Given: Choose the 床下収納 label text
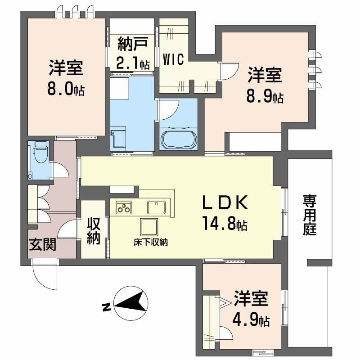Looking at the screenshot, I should pos(150,242).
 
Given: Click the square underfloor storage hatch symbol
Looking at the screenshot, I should pos(149,227).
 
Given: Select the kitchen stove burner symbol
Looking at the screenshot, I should pos(124,208).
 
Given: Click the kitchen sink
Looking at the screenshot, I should pos(157,207).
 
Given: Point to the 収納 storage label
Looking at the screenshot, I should pos(94,231).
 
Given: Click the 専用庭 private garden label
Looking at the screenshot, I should pos(310,215).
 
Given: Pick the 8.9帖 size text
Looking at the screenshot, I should pos(265,96).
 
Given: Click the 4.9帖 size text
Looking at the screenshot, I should pos(251,320).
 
